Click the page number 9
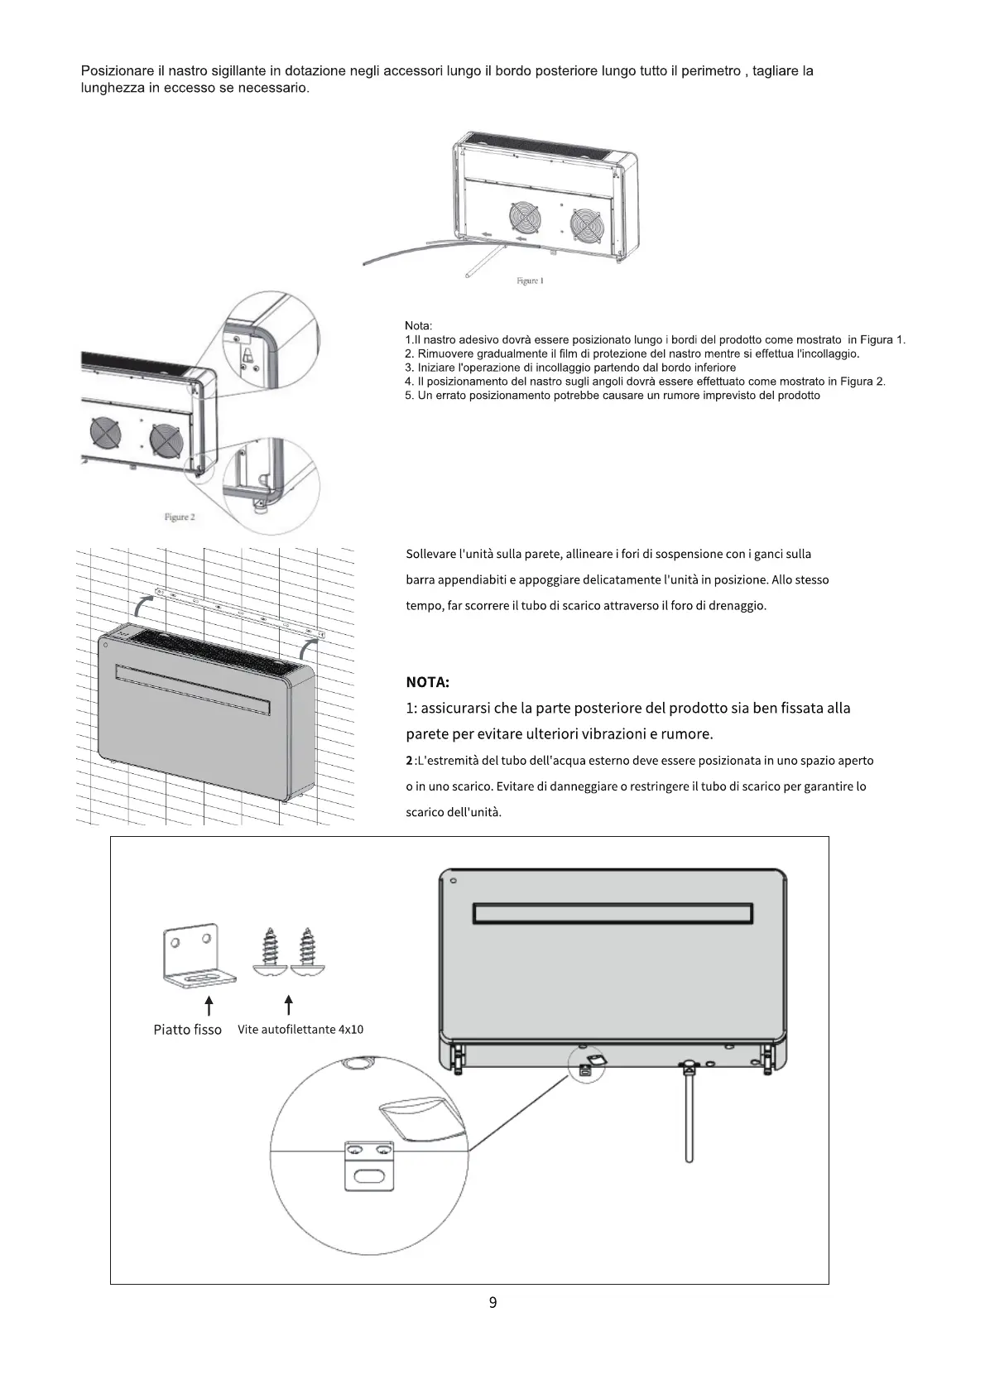click(492, 1302)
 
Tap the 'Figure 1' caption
click(530, 281)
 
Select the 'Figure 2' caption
click(180, 517)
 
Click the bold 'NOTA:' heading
click(427, 682)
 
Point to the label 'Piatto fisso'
click(188, 1030)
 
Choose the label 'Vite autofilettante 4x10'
click(300, 1030)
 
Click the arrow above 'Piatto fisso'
click(209, 1005)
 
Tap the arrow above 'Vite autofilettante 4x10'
click(288, 1005)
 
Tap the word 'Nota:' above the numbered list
click(419, 326)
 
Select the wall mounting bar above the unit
click(240, 613)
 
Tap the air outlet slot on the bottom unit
click(613, 913)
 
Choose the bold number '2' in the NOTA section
click(409, 761)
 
